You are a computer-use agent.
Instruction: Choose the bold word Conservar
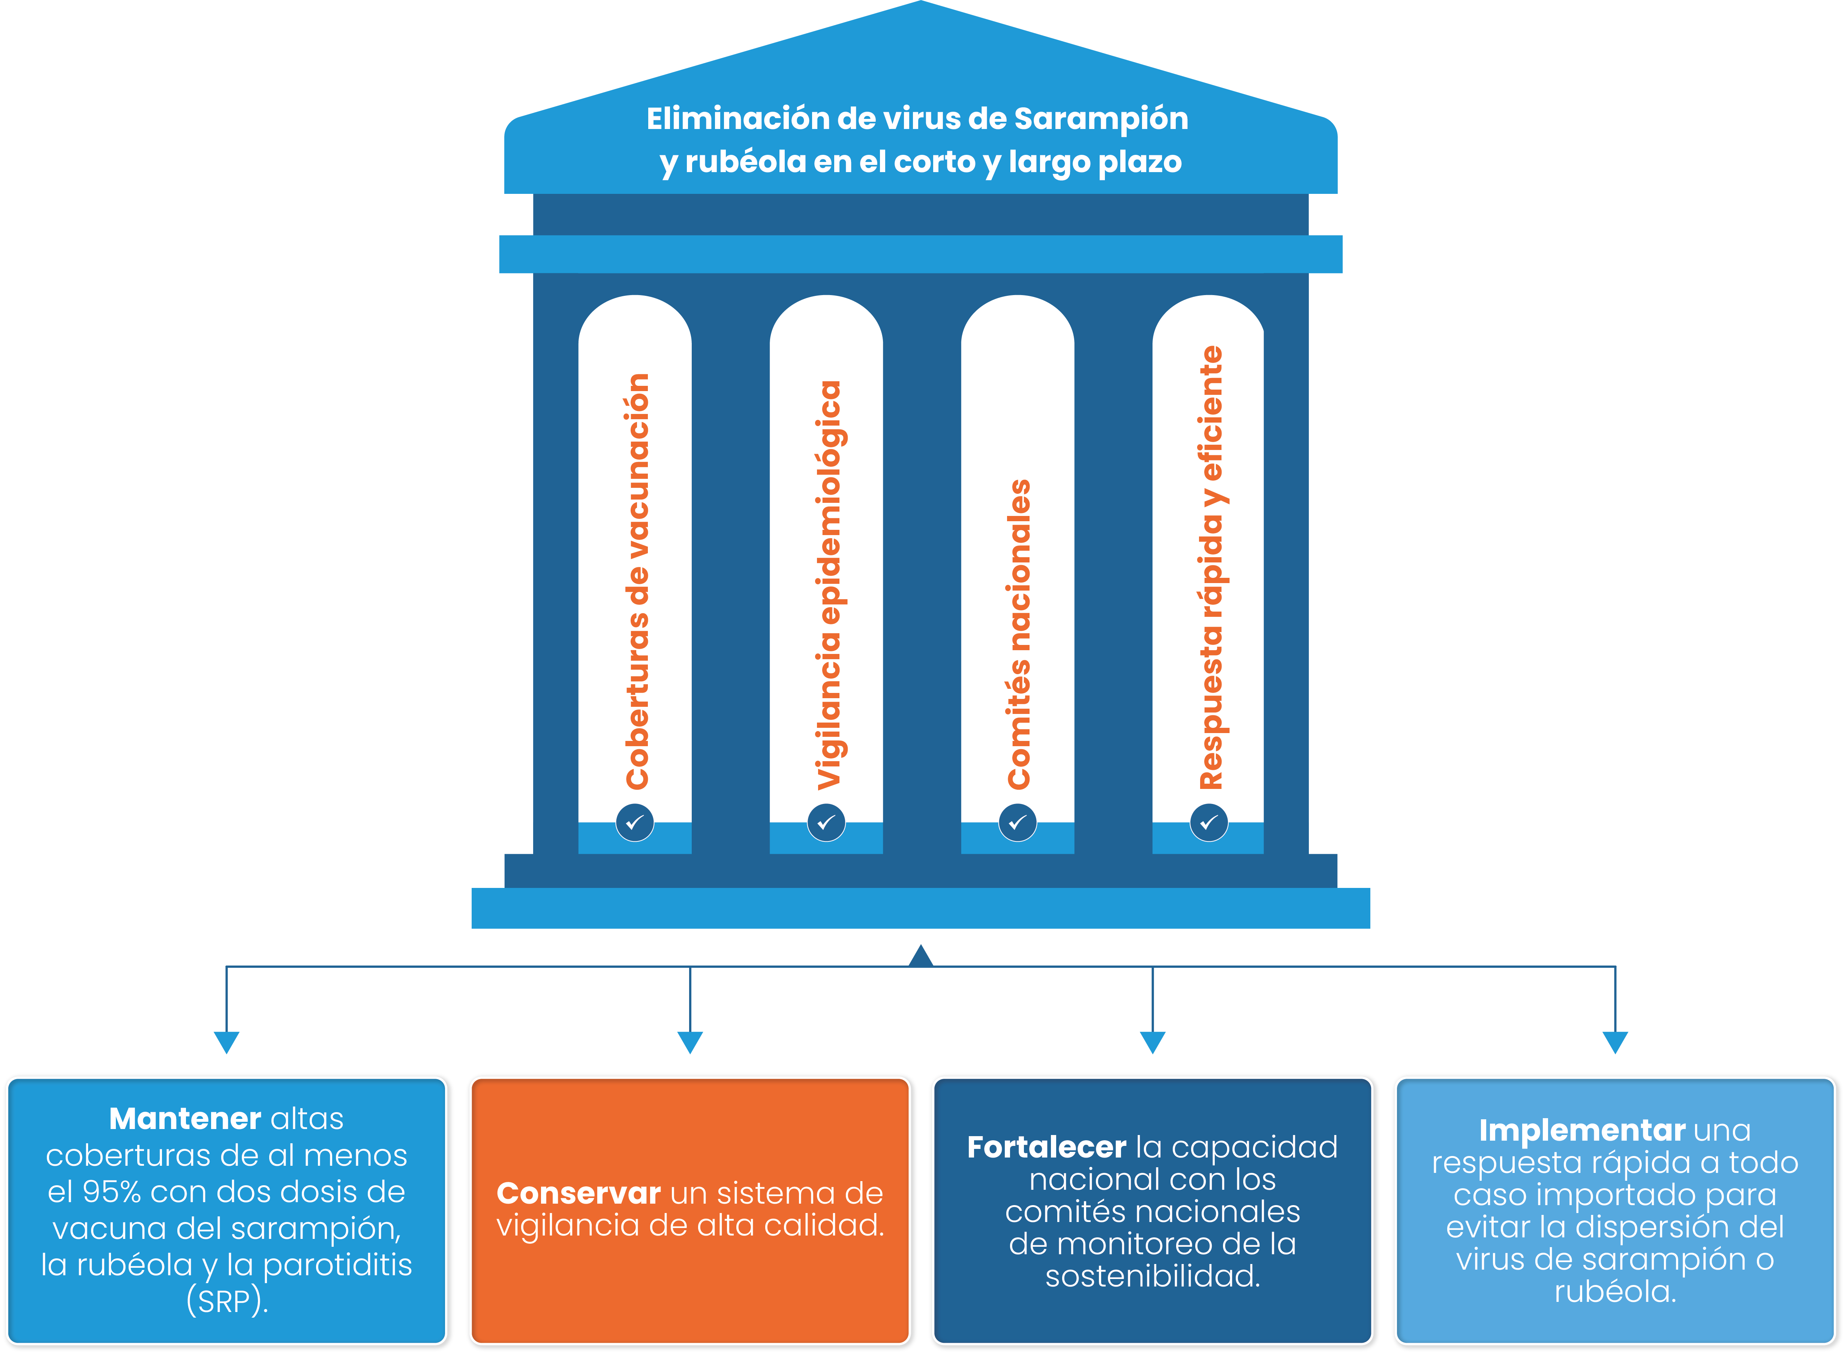click(x=579, y=1194)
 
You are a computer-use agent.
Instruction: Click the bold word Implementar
click(x=1581, y=1130)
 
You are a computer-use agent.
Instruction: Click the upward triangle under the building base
click(x=921, y=956)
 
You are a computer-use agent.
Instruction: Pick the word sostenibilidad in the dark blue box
click(x=1153, y=1276)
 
